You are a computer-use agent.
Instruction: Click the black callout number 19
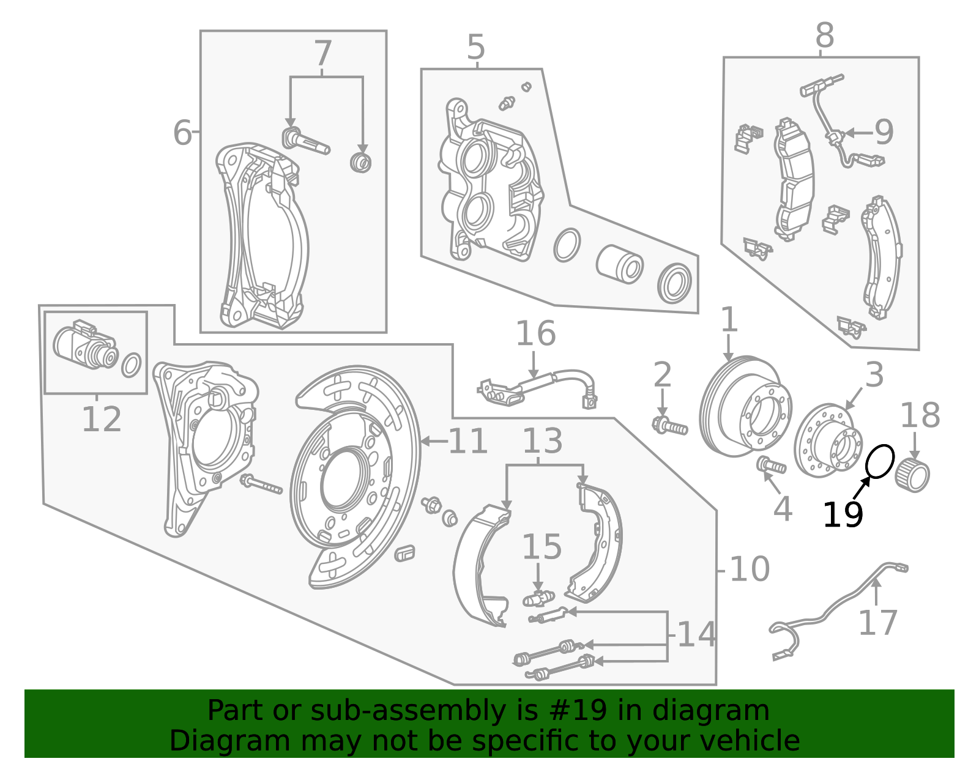pyautogui.click(x=843, y=515)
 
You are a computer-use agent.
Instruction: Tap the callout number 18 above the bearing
pyautogui.click(x=920, y=415)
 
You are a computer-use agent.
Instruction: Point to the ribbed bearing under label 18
pyautogui.click(x=912, y=475)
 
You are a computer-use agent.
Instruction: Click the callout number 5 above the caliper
pyautogui.click(x=476, y=47)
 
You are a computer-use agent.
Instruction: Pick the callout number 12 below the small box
pyautogui.click(x=102, y=419)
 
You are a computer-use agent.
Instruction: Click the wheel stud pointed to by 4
pyautogui.click(x=772, y=465)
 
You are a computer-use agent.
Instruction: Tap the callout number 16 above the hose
pyautogui.click(x=535, y=333)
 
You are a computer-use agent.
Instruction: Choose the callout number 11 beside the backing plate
pyautogui.click(x=468, y=441)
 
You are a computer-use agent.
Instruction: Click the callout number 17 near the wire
pyautogui.click(x=878, y=623)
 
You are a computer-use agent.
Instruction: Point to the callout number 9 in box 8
pyautogui.click(x=884, y=132)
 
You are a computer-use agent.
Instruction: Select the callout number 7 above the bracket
pyautogui.click(x=323, y=54)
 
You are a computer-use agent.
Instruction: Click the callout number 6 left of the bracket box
pyautogui.click(x=182, y=133)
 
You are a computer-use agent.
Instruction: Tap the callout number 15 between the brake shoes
pyautogui.click(x=542, y=547)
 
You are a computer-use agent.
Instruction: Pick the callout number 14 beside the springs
pyautogui.click(x=697, y=635)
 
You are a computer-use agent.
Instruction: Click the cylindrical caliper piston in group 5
pyautogui.click(x=620, y=265)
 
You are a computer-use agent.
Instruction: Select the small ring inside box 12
pyautogui.click(x=131, y=365)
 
